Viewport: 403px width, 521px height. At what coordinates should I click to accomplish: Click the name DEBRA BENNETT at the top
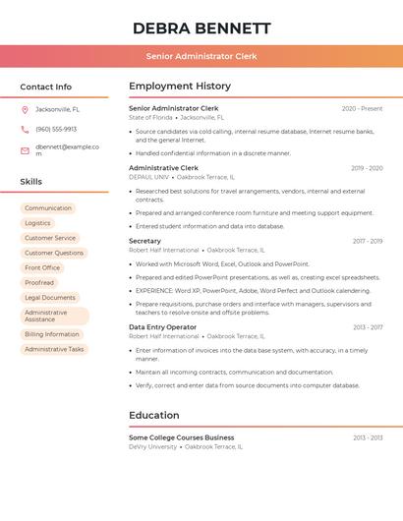pyautogui.click(x=201, y=28)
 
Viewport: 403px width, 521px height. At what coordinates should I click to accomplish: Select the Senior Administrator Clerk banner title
pyautogui.click(x=201, y=56)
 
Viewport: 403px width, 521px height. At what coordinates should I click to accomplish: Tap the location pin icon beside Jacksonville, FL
pyautogui.click(x=25, y=109)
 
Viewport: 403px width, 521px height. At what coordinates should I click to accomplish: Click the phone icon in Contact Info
pyautogui.click(x=25, y=129)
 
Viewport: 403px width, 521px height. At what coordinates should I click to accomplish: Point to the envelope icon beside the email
pyautogui.click(x=25, y=150)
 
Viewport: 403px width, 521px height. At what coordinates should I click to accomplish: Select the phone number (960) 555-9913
pyautogui.click(x=56, y=129)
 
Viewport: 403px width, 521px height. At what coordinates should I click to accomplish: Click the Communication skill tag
pyautogui.click(x=48, y=208)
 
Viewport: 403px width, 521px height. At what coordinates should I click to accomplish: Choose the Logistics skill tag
pyautogui.click(x=37, y=223)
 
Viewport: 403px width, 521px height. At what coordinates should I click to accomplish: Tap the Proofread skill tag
pyautogui.click(x=39, y=282)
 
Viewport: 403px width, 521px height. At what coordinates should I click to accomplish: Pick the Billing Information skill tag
pyautogui.click(x=52, y=334)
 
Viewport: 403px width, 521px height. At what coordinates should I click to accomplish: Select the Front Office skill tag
pyautogui.click(x=42, y=267)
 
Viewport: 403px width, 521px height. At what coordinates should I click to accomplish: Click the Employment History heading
pyautogui.click(x=180, y=86)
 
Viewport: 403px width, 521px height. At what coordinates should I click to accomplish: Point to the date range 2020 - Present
pyautogui.click(x=362, y=108)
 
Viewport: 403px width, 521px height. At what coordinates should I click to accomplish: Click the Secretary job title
pyautogui.click(x=144, y=241)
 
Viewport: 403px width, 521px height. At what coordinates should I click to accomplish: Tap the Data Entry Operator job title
pyautogui.click(x=162, y=327)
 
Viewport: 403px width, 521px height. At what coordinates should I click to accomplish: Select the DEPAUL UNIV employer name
pyautogui.click(x=148, y=177)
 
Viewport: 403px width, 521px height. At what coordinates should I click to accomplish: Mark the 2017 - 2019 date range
pyautogui.click(x=368, y=241)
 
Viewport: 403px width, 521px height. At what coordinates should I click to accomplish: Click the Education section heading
pyautogui.click(x=154, y=415)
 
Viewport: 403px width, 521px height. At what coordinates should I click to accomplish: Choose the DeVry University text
pyautogui.click(x=152, y=446)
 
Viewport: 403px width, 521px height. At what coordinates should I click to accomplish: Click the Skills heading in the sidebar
pyautogui.click(x=31, y=182)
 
